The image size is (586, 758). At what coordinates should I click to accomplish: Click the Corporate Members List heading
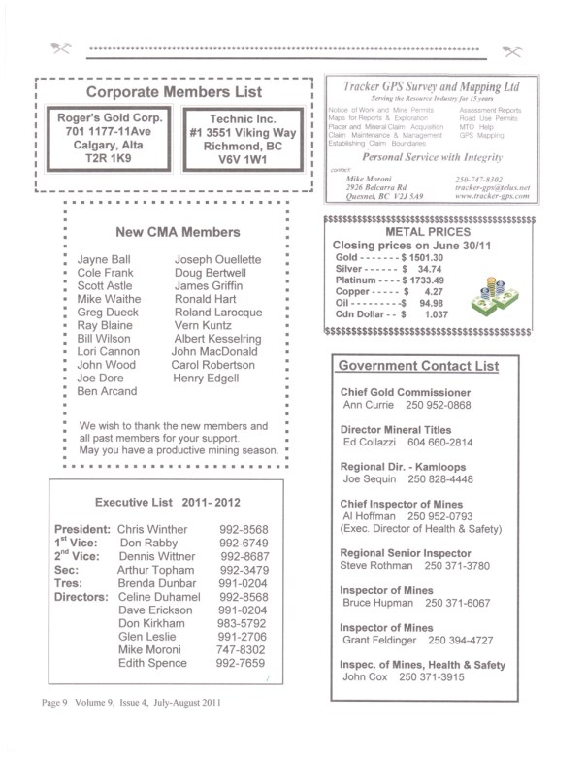[x=174, y=92]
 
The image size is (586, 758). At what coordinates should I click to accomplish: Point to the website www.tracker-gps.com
[x=491, y=195]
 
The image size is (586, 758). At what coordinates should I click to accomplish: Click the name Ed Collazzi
[x=369, y=442]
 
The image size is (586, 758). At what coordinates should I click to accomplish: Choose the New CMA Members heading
[x=177, y=232]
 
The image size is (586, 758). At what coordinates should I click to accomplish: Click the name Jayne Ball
[x=102, y=260]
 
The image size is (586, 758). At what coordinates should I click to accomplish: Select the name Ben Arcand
[x=107, y=391]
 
